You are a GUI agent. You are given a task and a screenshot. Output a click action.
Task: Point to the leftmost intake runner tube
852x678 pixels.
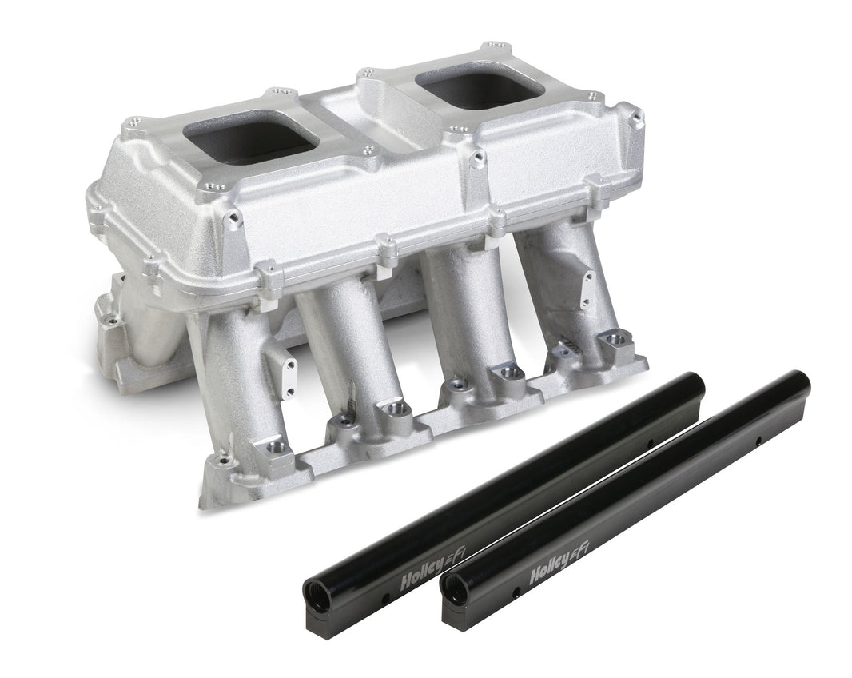pyautogui.click(x=240, y=384)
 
